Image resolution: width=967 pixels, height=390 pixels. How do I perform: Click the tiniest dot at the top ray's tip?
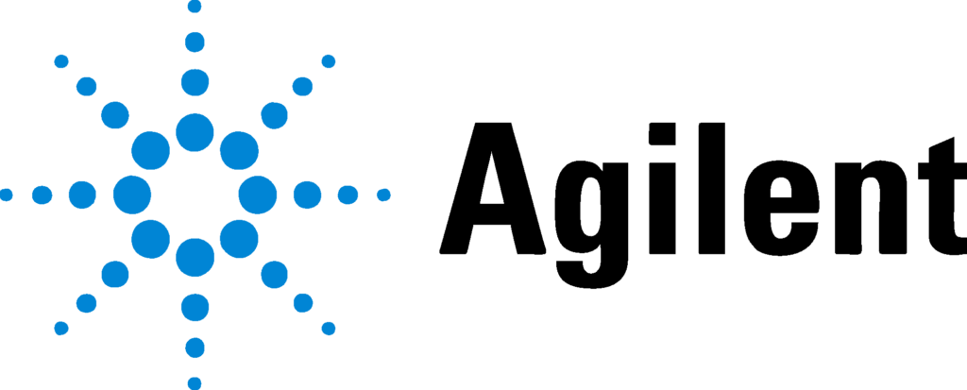[195, 7]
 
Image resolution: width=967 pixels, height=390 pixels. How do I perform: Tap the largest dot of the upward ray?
[195, 132]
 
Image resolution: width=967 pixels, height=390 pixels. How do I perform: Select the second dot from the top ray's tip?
[195, 42]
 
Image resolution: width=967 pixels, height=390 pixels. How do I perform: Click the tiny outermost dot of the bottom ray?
[195, 382]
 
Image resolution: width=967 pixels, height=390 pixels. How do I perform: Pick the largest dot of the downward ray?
[195, 257]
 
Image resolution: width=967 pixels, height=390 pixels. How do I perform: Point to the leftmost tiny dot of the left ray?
[7, 195]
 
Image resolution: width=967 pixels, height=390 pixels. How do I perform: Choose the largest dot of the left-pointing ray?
[132, 195]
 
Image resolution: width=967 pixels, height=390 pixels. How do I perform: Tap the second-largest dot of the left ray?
[82, 195]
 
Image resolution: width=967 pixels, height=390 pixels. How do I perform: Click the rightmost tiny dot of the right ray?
[383, 195]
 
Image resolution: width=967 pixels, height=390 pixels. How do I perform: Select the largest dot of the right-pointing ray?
[258, 195]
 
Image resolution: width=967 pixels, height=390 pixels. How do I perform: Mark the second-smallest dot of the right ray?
[348, 195]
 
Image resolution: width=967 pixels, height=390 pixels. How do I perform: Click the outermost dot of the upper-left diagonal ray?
[61, 61]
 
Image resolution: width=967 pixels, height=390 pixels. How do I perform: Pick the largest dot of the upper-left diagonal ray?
[151, 150]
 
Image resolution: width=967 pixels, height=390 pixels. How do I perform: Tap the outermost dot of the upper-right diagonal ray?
[329, 61]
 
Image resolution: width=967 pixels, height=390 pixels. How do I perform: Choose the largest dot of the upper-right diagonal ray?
[239, 150]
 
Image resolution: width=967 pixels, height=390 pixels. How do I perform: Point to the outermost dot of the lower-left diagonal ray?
[61, 328]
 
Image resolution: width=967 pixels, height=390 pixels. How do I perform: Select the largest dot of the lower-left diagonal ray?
[151, 239]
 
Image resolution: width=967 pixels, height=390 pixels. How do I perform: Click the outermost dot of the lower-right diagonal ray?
[329, 328]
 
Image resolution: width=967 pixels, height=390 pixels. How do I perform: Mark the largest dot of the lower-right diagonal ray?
[239, 239]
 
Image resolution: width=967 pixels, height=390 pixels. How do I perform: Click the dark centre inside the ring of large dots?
[195, 195]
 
